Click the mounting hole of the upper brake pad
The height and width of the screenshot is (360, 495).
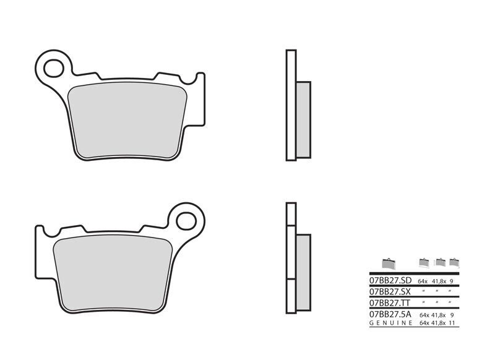(x=54, y=69)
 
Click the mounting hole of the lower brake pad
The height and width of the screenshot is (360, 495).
(x=186, y=221)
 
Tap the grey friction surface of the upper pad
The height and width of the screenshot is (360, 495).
(x=127, y=121)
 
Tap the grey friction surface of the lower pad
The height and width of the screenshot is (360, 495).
(x=113, y=273)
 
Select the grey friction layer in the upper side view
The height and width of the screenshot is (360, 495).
(x=303, y=120)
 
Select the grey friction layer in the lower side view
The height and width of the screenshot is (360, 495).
(x=303, y=273)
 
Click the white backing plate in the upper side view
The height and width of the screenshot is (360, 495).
(x=291, y=105)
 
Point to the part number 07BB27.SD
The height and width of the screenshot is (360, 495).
(x=390, y=280)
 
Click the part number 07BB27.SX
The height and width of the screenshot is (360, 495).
(x=390, y=291)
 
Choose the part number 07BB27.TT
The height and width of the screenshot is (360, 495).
(x=390, y=303)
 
